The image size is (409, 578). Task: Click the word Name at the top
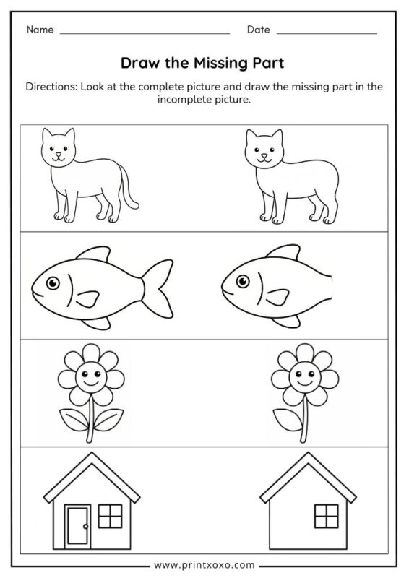click(40, 30)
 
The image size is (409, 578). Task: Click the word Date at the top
click(258, 30)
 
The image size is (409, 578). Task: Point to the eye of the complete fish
click(51, 283)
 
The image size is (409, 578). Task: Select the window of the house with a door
click(108, 516)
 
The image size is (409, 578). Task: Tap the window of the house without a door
click(325, 516)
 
